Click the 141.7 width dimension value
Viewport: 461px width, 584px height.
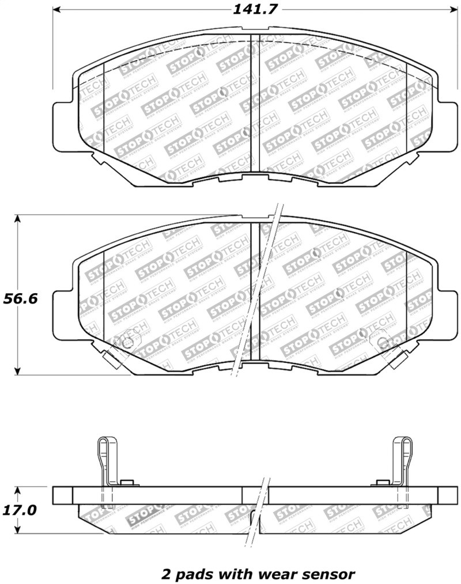tap(251, 10)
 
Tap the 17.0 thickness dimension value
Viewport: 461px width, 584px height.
tap(21, 510)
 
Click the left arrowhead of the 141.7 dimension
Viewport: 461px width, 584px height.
tap(58, 10)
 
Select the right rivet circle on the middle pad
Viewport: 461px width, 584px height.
tap(383, 344)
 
